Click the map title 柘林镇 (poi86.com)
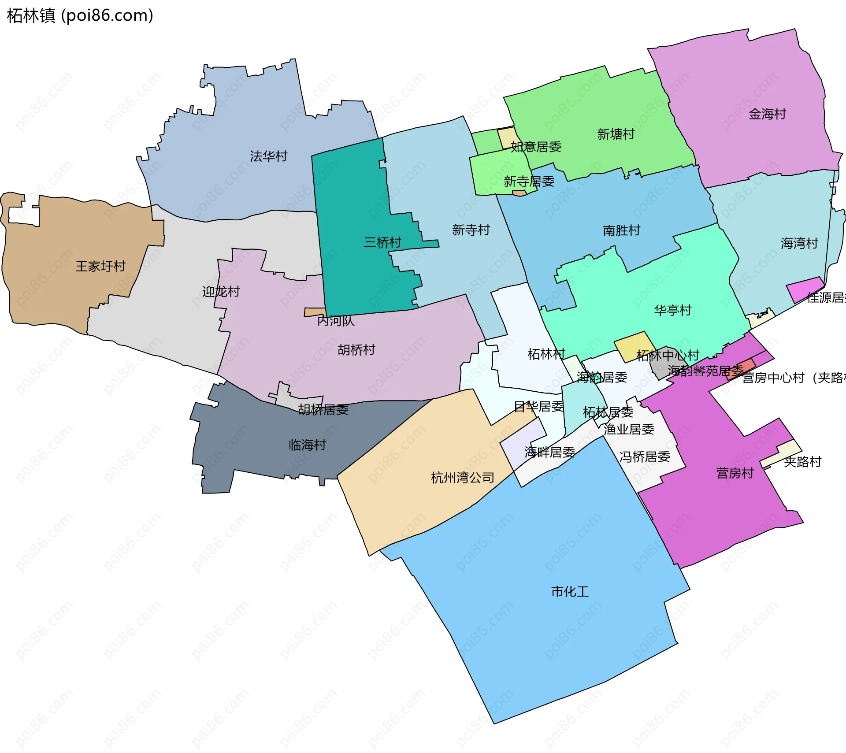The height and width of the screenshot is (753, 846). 80,15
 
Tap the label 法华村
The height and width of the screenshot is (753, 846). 268,156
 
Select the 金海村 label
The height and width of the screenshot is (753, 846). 767,114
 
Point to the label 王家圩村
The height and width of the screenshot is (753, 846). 100,266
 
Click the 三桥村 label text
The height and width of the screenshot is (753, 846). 382,242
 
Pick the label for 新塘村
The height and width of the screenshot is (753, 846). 616,134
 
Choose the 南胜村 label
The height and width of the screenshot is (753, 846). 621,230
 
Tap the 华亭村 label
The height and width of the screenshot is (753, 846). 672,310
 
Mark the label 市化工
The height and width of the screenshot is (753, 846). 570,591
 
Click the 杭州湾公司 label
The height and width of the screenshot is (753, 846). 462,477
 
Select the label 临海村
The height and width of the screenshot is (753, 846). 307,445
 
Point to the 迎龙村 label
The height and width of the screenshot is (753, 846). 221,291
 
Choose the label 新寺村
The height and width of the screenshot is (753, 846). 471,230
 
